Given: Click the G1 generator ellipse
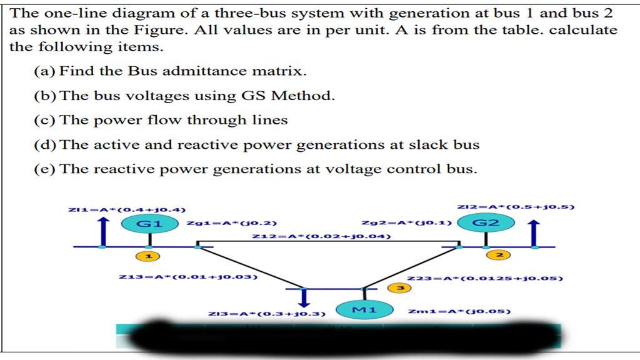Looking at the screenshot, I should (x=149, y=223).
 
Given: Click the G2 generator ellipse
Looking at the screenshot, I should (x=486, y=222).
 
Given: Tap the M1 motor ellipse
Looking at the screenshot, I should (x=364, y=309).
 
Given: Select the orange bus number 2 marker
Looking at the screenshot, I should (x=499, y=255).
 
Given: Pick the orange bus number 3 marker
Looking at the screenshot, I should (x=400, y=287).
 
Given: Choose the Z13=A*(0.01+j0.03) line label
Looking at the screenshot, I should (x=187, y=276).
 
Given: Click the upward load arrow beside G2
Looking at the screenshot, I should (x=534, y=232).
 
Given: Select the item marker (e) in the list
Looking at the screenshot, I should (x=45, y=169).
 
